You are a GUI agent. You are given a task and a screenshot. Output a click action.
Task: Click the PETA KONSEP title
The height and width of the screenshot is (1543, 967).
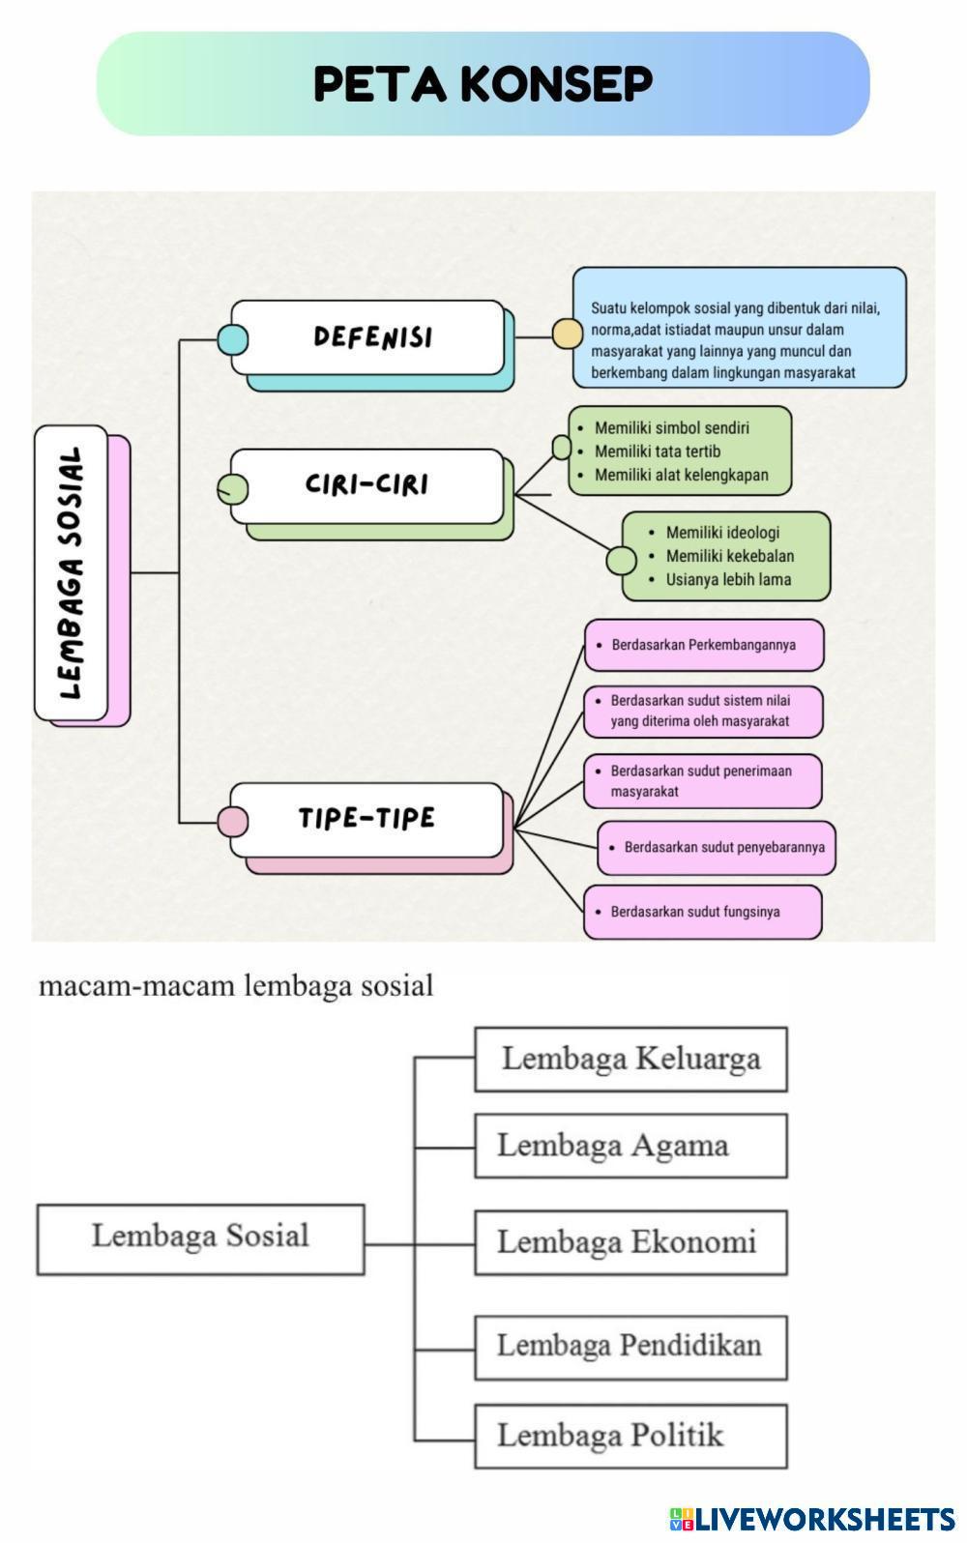pos(483,84)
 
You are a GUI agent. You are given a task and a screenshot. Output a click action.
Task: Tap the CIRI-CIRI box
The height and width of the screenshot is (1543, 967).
pos(367,484)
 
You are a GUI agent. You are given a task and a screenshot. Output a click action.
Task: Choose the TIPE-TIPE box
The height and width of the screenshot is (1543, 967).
pos(367,819)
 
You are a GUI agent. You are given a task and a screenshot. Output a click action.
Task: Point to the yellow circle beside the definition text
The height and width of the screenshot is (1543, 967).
pos(568,334)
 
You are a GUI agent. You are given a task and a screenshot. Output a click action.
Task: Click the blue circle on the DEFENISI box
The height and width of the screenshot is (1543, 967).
pos(232,339)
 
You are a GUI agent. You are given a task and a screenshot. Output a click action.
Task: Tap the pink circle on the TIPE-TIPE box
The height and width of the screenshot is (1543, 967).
pos(232,822)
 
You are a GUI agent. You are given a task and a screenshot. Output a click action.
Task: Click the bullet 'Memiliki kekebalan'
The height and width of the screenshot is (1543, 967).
pos(729,556)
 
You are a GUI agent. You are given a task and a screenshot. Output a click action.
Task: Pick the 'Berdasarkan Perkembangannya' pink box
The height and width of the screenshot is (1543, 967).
pos(703,645)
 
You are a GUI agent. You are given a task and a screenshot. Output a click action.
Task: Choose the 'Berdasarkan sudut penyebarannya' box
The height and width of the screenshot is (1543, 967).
pos(716,848)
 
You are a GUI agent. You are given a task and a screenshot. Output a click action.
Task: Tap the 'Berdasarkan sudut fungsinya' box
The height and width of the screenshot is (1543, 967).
pos(703,912)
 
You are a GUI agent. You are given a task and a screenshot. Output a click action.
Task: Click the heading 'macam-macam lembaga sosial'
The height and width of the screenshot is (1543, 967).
pos(236,986)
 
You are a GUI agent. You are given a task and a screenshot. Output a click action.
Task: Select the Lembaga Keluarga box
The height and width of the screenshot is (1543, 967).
pos(630,1060)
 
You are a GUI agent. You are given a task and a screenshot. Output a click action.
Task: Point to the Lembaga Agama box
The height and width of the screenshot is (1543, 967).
pos(630,1146)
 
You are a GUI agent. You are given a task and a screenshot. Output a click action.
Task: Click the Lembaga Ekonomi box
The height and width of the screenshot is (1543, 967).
pos(630,1242)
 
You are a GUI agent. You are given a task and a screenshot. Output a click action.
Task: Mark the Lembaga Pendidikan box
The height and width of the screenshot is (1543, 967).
pos(630,1347)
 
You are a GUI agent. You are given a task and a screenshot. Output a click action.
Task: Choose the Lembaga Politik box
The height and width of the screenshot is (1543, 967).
pos(630,1436)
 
